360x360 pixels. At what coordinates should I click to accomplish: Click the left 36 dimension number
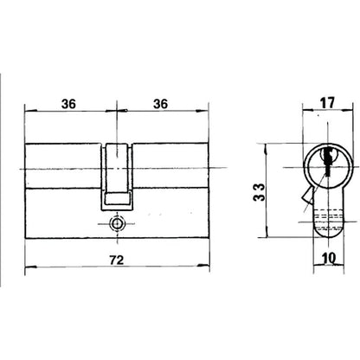pyautogui.click(x=68, y=104)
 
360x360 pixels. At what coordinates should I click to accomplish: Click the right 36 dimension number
pyautogui.click(x=160, y=104)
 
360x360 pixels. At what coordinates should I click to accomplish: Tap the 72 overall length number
pyautogui.click(x=117, y=260)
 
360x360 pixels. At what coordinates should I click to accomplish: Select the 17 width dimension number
pyautogui.click(x=327, y=103)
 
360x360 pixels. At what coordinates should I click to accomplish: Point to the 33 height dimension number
pyautogui.click(x=259, y=192)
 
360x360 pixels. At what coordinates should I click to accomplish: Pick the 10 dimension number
pyautogui.click(x=329, y=258)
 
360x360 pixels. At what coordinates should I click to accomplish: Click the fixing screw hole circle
pyautogui.click(x=117, y=223)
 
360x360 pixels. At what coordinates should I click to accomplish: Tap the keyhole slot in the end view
pyautogui.click(x=328, y=162)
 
